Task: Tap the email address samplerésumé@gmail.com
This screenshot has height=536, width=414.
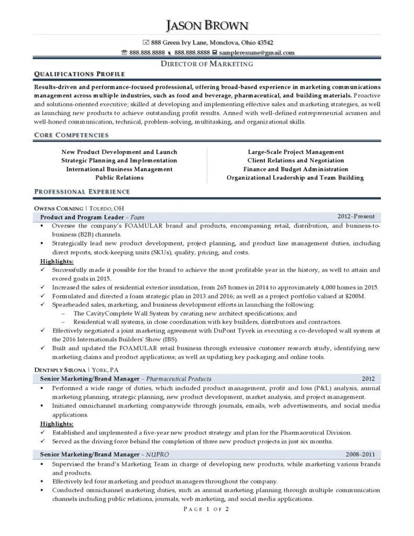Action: coord(256,52)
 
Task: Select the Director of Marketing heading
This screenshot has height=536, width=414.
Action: coord(207,64)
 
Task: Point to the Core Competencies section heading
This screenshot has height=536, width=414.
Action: coord(71,135)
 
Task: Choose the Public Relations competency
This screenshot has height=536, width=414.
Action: coord(119,177)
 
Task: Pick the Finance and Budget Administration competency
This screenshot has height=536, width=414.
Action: coord(296,169)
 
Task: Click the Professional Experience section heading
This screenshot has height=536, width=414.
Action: coord(81,192)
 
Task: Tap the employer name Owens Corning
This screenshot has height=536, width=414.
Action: coord(58,208)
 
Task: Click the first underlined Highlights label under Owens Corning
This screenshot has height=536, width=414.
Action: coord(57,261)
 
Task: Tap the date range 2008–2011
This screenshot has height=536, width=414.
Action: coord(360,454)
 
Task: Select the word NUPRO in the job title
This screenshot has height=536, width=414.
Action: coord(158,454)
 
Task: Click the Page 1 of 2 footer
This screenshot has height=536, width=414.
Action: coord(207,509)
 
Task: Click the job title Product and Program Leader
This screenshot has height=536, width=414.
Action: coord(81,217)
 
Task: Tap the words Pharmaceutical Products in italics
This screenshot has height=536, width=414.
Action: coord(178,378)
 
